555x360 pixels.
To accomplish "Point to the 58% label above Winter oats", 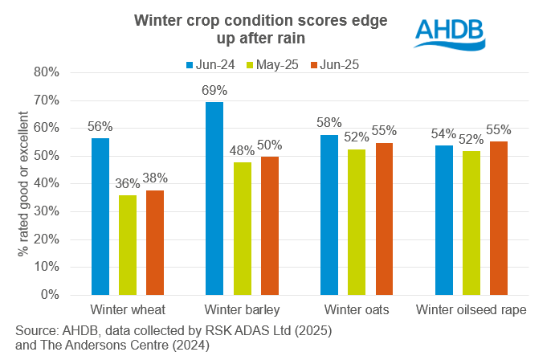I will coord(329,122).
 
